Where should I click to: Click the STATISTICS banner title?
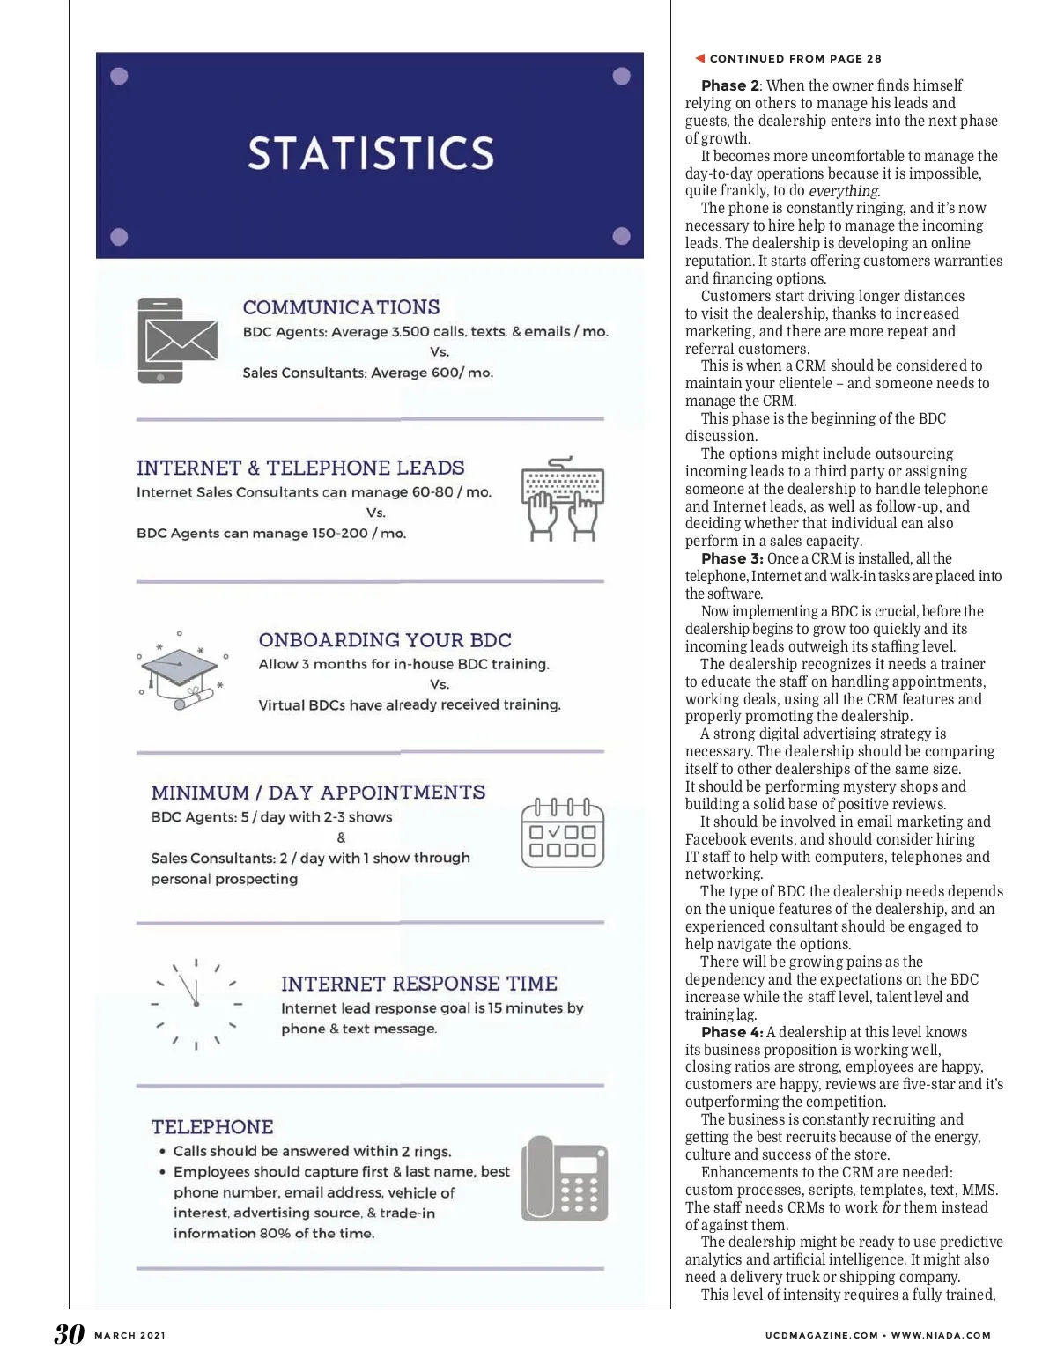click(x=370, y=153)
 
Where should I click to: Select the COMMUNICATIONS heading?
click(x=341, y=307)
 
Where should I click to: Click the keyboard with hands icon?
click(x=562, y=498)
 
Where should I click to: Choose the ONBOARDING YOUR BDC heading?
click(x=385, y=640)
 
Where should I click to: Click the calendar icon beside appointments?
click(x=562, y=833)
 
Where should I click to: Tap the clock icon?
click(x=196, y=1004)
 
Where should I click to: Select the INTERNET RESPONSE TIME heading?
click(x=419, y=984)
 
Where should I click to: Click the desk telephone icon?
click(x=564, y=1178)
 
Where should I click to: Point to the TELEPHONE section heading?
click(x=212, y=1127)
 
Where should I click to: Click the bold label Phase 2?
click(x=729, y=85)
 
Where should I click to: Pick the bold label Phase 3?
click(x=732, y=558)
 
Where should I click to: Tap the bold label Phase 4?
click(x=732, y=1032)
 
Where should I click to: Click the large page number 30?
click(x=69, y=1334)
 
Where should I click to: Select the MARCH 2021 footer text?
click(x=129, y=1336)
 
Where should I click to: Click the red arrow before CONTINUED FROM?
click(x=699, y=59)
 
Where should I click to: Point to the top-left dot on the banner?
click(x=121, y=77)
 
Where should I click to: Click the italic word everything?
click(x=844, y=191)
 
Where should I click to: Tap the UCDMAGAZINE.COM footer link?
click(x=822, y=1336)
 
